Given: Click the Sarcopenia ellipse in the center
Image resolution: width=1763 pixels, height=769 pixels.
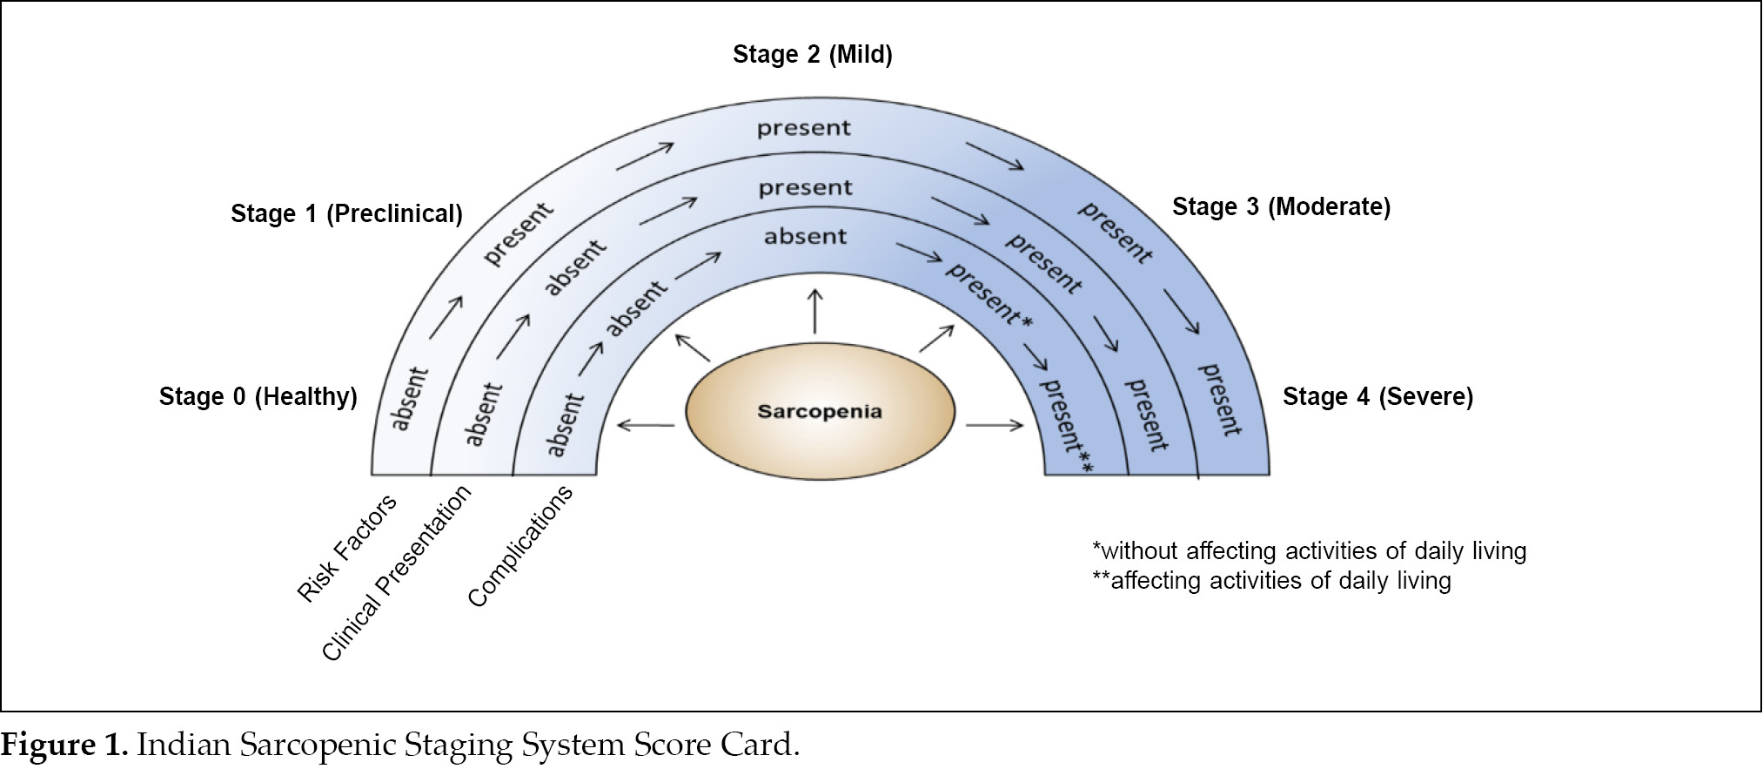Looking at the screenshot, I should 820,411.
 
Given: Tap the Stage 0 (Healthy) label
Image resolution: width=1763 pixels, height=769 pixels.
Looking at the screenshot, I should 258,397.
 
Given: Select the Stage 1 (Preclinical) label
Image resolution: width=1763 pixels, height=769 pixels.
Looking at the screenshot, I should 346,214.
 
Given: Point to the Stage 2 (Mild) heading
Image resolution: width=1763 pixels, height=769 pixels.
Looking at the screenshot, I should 812,55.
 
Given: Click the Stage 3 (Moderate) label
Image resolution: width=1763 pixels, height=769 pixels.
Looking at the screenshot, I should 1281,207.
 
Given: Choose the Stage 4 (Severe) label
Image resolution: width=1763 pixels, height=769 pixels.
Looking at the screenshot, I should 1378,397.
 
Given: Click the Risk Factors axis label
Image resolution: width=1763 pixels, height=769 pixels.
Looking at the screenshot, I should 346,548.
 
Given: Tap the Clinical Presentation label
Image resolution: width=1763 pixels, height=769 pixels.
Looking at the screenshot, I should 396,573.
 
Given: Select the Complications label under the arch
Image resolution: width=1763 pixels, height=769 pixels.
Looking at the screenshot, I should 520,546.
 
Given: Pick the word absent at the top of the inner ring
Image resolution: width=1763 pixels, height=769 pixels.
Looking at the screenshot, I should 805,237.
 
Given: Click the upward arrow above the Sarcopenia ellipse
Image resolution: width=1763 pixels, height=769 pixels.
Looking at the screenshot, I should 814,312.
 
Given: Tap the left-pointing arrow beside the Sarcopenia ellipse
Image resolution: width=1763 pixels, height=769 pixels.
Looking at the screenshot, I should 645,425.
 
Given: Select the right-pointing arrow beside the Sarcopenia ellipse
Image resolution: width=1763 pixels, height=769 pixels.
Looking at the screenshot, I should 995,425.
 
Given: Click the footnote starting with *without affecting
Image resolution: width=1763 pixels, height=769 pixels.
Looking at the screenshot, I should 1309,551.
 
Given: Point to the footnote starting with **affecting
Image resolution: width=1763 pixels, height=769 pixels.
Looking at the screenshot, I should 1271,581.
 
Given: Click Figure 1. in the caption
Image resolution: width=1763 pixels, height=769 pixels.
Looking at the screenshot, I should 64,745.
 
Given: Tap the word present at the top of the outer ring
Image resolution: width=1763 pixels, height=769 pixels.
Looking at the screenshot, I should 803,129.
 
